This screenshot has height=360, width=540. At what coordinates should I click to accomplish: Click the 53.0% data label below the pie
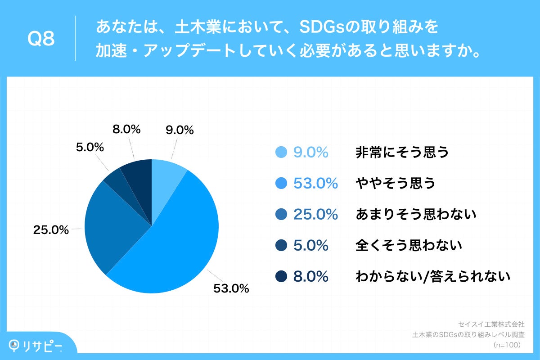[x=231, y=288]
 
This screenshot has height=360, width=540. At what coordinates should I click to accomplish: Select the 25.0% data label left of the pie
[x=51, y=230]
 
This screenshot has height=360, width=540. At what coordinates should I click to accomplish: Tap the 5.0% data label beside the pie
[x=90, y=147]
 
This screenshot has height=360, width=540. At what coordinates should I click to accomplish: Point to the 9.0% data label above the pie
[x=180, y=130]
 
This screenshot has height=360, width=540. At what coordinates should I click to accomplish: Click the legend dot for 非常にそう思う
[x=281, y=153]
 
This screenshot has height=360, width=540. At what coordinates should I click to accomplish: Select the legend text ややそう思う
[x=396, y=183]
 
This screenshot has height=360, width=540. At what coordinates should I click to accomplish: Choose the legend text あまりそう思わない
[x=415, y=215]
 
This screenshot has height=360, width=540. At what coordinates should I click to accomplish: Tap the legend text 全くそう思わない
[x=409, y=245]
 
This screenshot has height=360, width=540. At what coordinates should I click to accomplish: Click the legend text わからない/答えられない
[x=432, y=276]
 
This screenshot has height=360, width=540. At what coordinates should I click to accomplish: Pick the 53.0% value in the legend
[x=315, y=183]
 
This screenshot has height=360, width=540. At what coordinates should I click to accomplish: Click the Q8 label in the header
[x=41, y=40]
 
